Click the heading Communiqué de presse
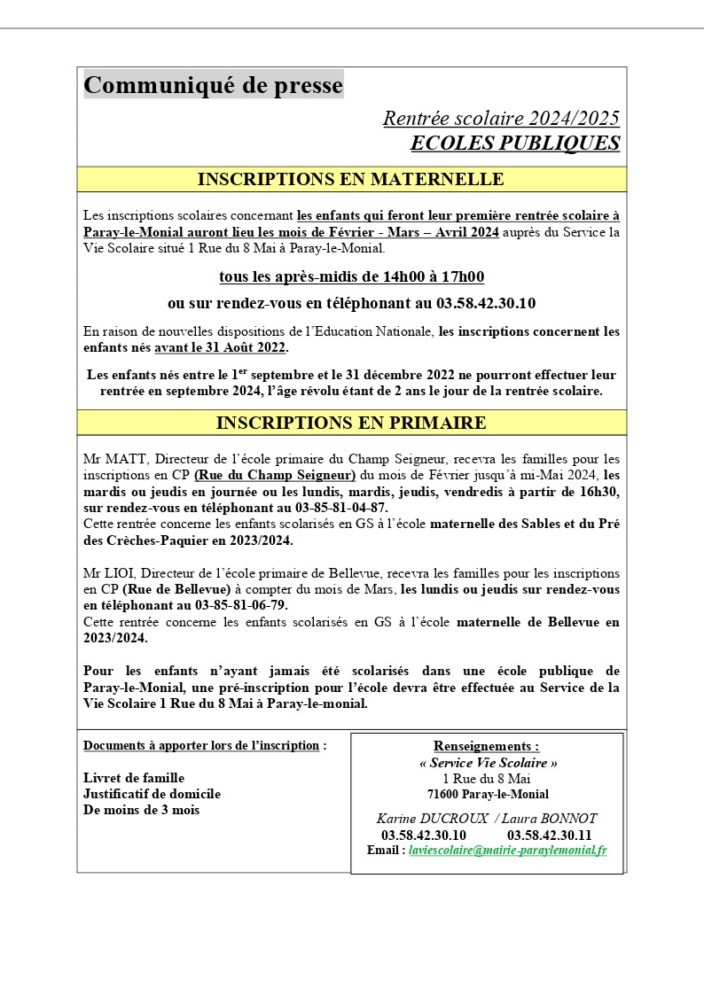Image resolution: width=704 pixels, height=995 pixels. [x=213, y=85]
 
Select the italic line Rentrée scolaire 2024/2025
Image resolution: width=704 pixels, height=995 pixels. [x=501, y=119]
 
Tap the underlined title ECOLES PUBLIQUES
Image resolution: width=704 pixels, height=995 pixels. [x=515, y=144]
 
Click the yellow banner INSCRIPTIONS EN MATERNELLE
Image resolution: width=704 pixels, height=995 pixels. [x=351, y=179]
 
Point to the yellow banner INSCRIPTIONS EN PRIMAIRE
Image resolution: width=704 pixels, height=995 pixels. [x=351, y=423]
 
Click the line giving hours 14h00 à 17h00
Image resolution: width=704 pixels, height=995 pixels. [x=351, y=277]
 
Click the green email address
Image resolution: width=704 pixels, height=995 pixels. [x=507, y=850]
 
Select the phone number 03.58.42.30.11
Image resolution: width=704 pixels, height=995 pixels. [x=549, y=835]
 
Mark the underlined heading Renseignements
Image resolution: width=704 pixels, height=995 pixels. [x=486, y=746]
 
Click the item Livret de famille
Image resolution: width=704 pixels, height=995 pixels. [x=134, y=778]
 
